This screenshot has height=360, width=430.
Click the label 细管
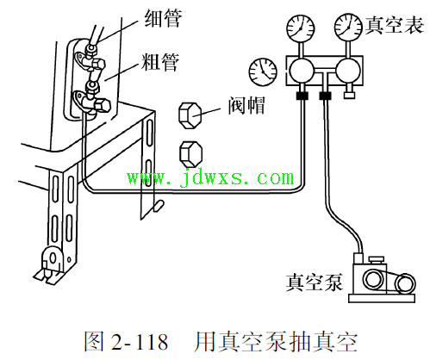click(x=163, y=18)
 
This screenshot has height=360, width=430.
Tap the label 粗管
click(x=160, y=62)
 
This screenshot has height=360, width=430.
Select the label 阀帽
click(x=246, y=105)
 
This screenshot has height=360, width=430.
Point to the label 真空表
click(x=395, y=25)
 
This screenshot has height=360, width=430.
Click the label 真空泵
click(x=315, y=282)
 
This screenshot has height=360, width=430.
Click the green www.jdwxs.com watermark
click(x=211, y=178)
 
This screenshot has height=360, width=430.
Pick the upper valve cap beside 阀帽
click(x=190, y=115)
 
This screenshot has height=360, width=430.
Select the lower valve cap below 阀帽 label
click(x=191, y=154)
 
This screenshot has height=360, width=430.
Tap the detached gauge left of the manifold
click(x=263, y=71)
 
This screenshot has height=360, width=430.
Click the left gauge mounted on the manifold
click(x=301, y=28)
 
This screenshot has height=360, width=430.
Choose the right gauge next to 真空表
click(x=348, y=28)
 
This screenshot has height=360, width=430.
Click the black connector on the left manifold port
click(x=302, y=96)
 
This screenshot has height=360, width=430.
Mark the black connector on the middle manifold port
click(x=325, y=96)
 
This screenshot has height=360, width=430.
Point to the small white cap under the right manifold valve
click(x=349, y=95)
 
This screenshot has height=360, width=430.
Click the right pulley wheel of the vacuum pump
click(x=405, y=283)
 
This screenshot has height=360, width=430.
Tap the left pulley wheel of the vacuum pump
click(x=373, y=279)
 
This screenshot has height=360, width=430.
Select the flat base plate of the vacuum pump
click(x=382, y=298)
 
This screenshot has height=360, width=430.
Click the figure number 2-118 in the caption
click(x=140, y=342)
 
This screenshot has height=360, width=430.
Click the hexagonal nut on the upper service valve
click(x=98, y=65)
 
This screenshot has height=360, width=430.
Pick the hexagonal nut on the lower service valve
click(x=103, y=105)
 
